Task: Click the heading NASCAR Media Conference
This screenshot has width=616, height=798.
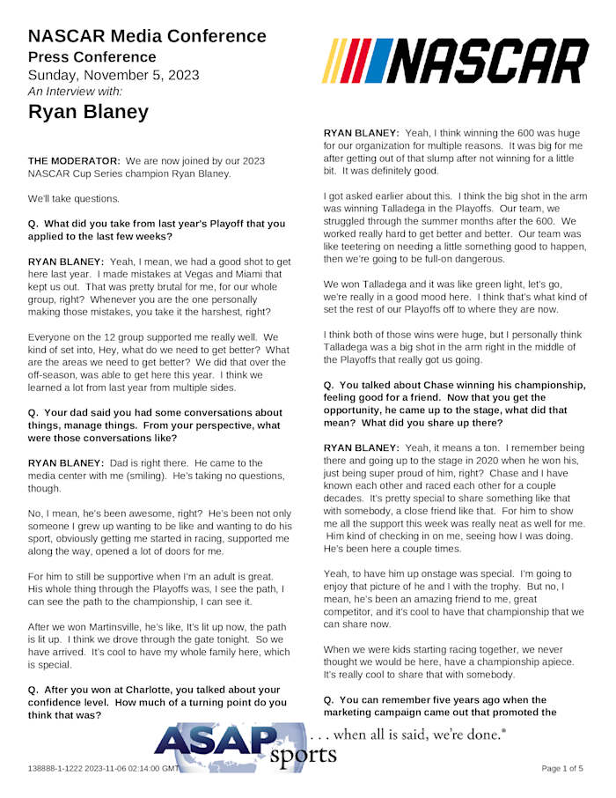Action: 147,36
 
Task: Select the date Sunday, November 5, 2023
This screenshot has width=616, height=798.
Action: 114,74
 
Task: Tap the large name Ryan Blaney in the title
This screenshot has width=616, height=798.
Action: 88,112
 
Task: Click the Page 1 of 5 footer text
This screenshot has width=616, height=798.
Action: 561,769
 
